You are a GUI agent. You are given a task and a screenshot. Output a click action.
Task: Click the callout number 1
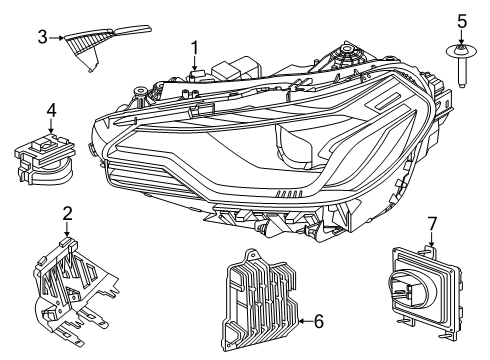[194, 48]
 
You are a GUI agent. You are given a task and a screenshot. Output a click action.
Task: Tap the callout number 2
[67, 213]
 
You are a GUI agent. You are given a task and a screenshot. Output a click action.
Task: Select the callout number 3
[42, 37]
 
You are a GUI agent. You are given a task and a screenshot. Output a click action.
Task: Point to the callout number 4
[51, 111]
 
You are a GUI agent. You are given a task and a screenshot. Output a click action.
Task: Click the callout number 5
[462, 22]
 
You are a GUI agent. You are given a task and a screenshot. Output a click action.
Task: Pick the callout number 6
[319, 322]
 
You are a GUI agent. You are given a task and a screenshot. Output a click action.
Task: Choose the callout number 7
[432, 224]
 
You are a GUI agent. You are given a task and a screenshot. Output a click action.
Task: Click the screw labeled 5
[462, 66]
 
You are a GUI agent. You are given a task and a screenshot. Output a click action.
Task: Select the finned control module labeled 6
[260, 299]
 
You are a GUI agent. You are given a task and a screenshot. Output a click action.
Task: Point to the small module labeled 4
[45, 159]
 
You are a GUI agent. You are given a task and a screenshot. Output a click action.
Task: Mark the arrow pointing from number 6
[306, 321]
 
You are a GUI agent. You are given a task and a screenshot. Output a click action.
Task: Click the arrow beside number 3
[56, 38]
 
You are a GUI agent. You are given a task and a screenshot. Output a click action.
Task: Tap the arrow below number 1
[195, 64]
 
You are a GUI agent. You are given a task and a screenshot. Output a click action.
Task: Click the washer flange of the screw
[462, 52]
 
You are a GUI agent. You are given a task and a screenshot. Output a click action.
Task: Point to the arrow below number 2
[67, 230]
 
